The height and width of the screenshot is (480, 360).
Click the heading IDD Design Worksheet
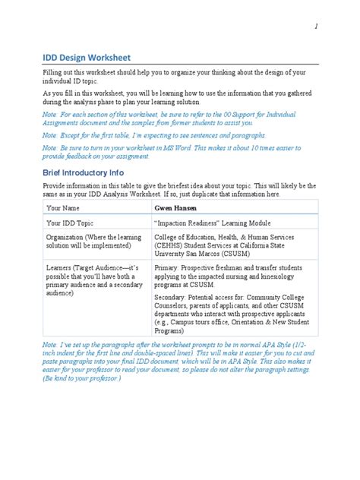click(87, 57)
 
